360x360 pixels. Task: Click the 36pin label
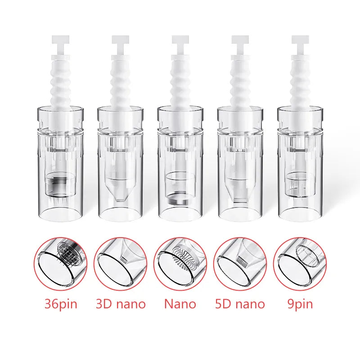61,304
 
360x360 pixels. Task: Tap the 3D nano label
121,304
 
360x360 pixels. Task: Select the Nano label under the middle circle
180,304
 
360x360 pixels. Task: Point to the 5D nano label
240,304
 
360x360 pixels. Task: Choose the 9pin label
299,304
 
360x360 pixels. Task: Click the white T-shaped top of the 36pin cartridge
60,41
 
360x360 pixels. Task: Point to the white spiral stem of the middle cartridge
180,85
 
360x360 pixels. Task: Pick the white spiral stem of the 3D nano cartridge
120,85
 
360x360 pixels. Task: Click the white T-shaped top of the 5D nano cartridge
240,41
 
